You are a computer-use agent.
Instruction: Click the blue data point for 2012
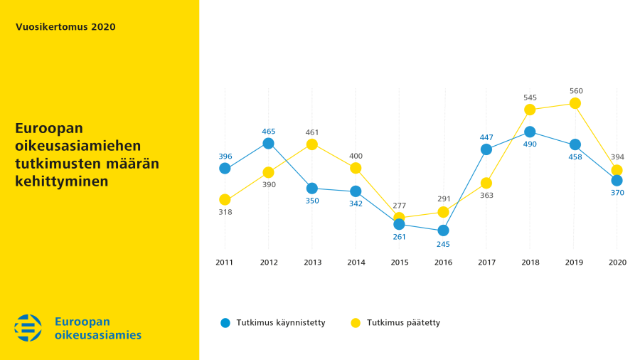point(268,143)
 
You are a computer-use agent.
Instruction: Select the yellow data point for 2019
point(575,104)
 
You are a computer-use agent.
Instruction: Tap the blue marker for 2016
point(443,231)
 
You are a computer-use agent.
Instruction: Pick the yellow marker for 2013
point(312,144)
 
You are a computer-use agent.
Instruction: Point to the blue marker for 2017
point(486,150)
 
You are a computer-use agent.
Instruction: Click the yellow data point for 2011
point(225,200)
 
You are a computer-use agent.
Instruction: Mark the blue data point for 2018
point(530,132)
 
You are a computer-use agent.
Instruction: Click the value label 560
point(576,91)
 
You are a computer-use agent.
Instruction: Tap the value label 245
point(443,245)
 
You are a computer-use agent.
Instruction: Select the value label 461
point(312,132)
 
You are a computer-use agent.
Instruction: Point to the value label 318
point(225,212)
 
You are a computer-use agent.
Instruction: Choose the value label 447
point(486,137)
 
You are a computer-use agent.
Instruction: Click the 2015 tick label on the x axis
point(400,263)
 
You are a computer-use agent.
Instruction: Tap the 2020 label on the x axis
point(617,263)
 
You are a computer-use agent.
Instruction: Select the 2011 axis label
point(225,263)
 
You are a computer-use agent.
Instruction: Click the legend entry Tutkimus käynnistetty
point(272,323)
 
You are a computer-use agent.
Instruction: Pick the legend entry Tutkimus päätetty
point(395,323)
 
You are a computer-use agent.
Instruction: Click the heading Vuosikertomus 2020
point(65,27)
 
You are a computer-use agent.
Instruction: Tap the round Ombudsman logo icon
point(28,328)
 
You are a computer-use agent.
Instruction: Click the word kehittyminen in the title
point(62,181)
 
